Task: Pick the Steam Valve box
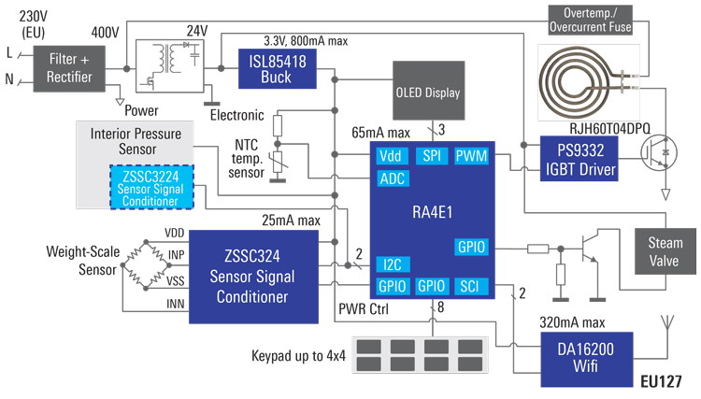pyautogui.click(x=665, y=250)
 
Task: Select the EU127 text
pyautogui.click(x=661, y=381)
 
